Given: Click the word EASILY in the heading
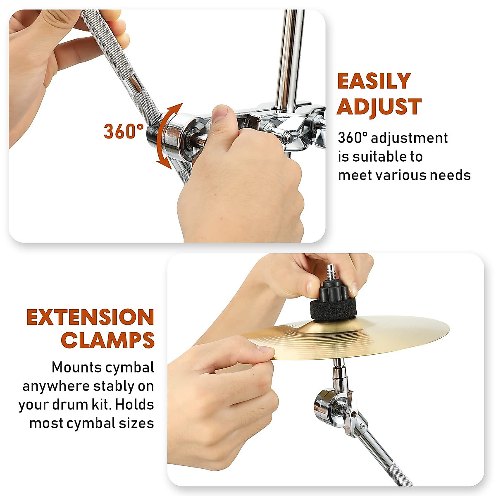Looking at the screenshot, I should pos(374,81).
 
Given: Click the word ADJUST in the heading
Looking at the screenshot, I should pos(379,107).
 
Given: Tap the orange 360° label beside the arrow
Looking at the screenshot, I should pos(123,131).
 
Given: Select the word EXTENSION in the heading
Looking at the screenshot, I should pos(91,317).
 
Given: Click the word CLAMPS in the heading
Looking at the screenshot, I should pos(107,341).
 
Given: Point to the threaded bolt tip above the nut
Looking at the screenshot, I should pos(331,271).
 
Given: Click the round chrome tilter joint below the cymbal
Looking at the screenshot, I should pos(327,403).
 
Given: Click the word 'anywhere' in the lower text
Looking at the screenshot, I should pos(56,386).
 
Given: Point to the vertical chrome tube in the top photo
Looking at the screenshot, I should pos(289,58).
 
